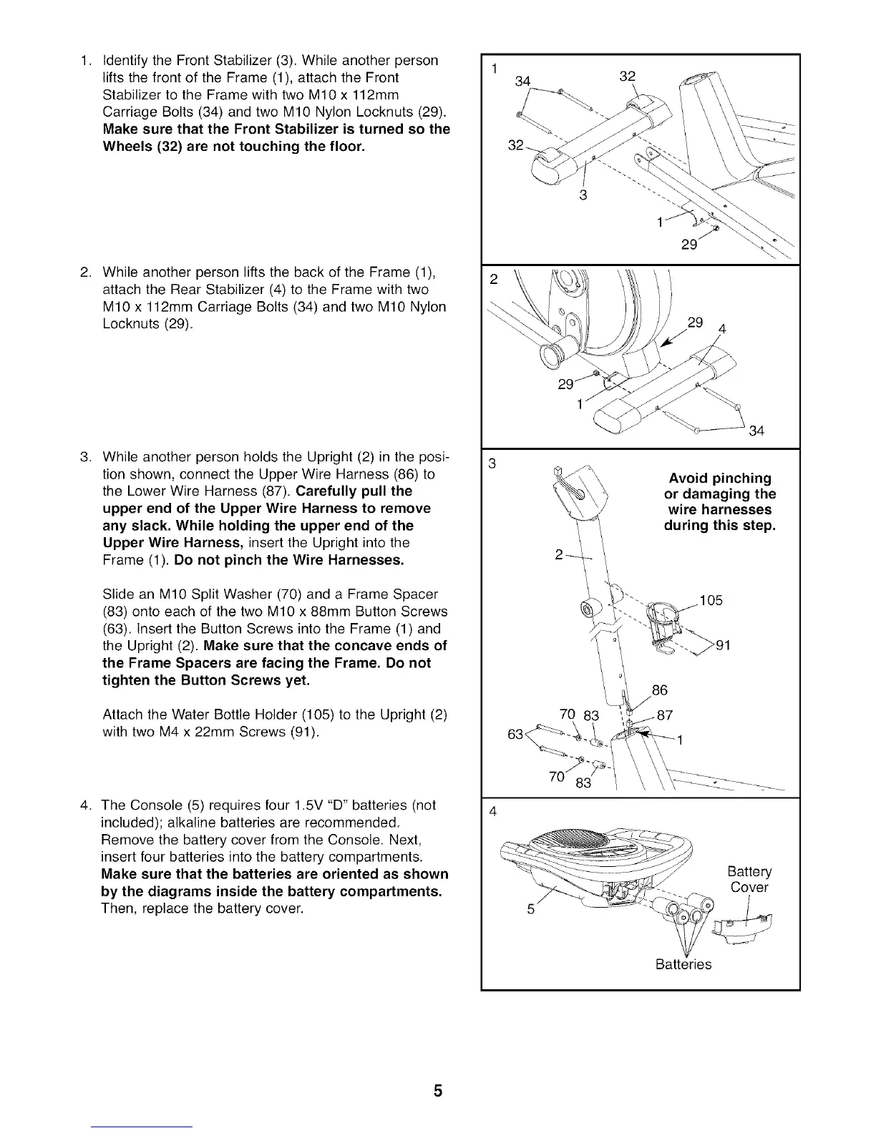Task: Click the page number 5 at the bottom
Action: point(438,1091)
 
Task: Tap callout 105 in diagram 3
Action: point(711,600)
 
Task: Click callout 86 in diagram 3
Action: point(659,690)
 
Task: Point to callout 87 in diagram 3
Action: point(664,715)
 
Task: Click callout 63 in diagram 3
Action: point(515,735)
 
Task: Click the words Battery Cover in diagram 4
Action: point(749,880)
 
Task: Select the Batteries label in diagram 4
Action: point(683,964)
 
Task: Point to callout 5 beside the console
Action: point(531,910)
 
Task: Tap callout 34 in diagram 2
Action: point(756,431)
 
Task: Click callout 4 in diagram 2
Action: point(722,330)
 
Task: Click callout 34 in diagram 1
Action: point(522,82)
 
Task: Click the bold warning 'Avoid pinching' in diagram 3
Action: point(720,478)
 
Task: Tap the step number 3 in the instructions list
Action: point(84,457)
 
